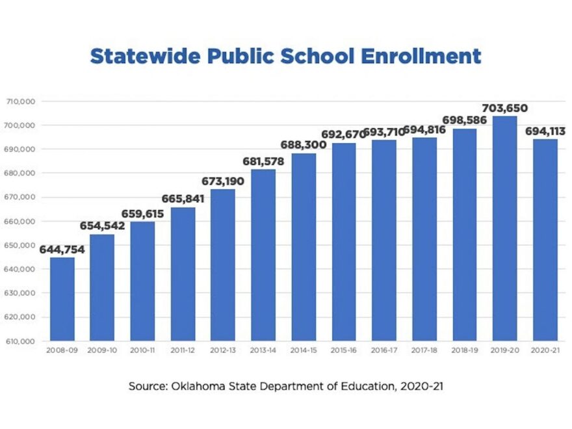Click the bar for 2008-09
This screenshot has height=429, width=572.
tap(62, 299)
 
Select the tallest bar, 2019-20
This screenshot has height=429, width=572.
tap(505, 227)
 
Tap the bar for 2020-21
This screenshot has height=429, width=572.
tap(545, 240)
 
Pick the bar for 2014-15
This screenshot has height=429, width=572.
tap(304, 247)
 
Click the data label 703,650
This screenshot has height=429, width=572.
tap(504, 108)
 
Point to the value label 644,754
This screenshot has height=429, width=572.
tap(62, 250)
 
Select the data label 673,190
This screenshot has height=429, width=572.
tap(222, 181)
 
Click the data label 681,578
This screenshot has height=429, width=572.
tap(263, 161)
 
